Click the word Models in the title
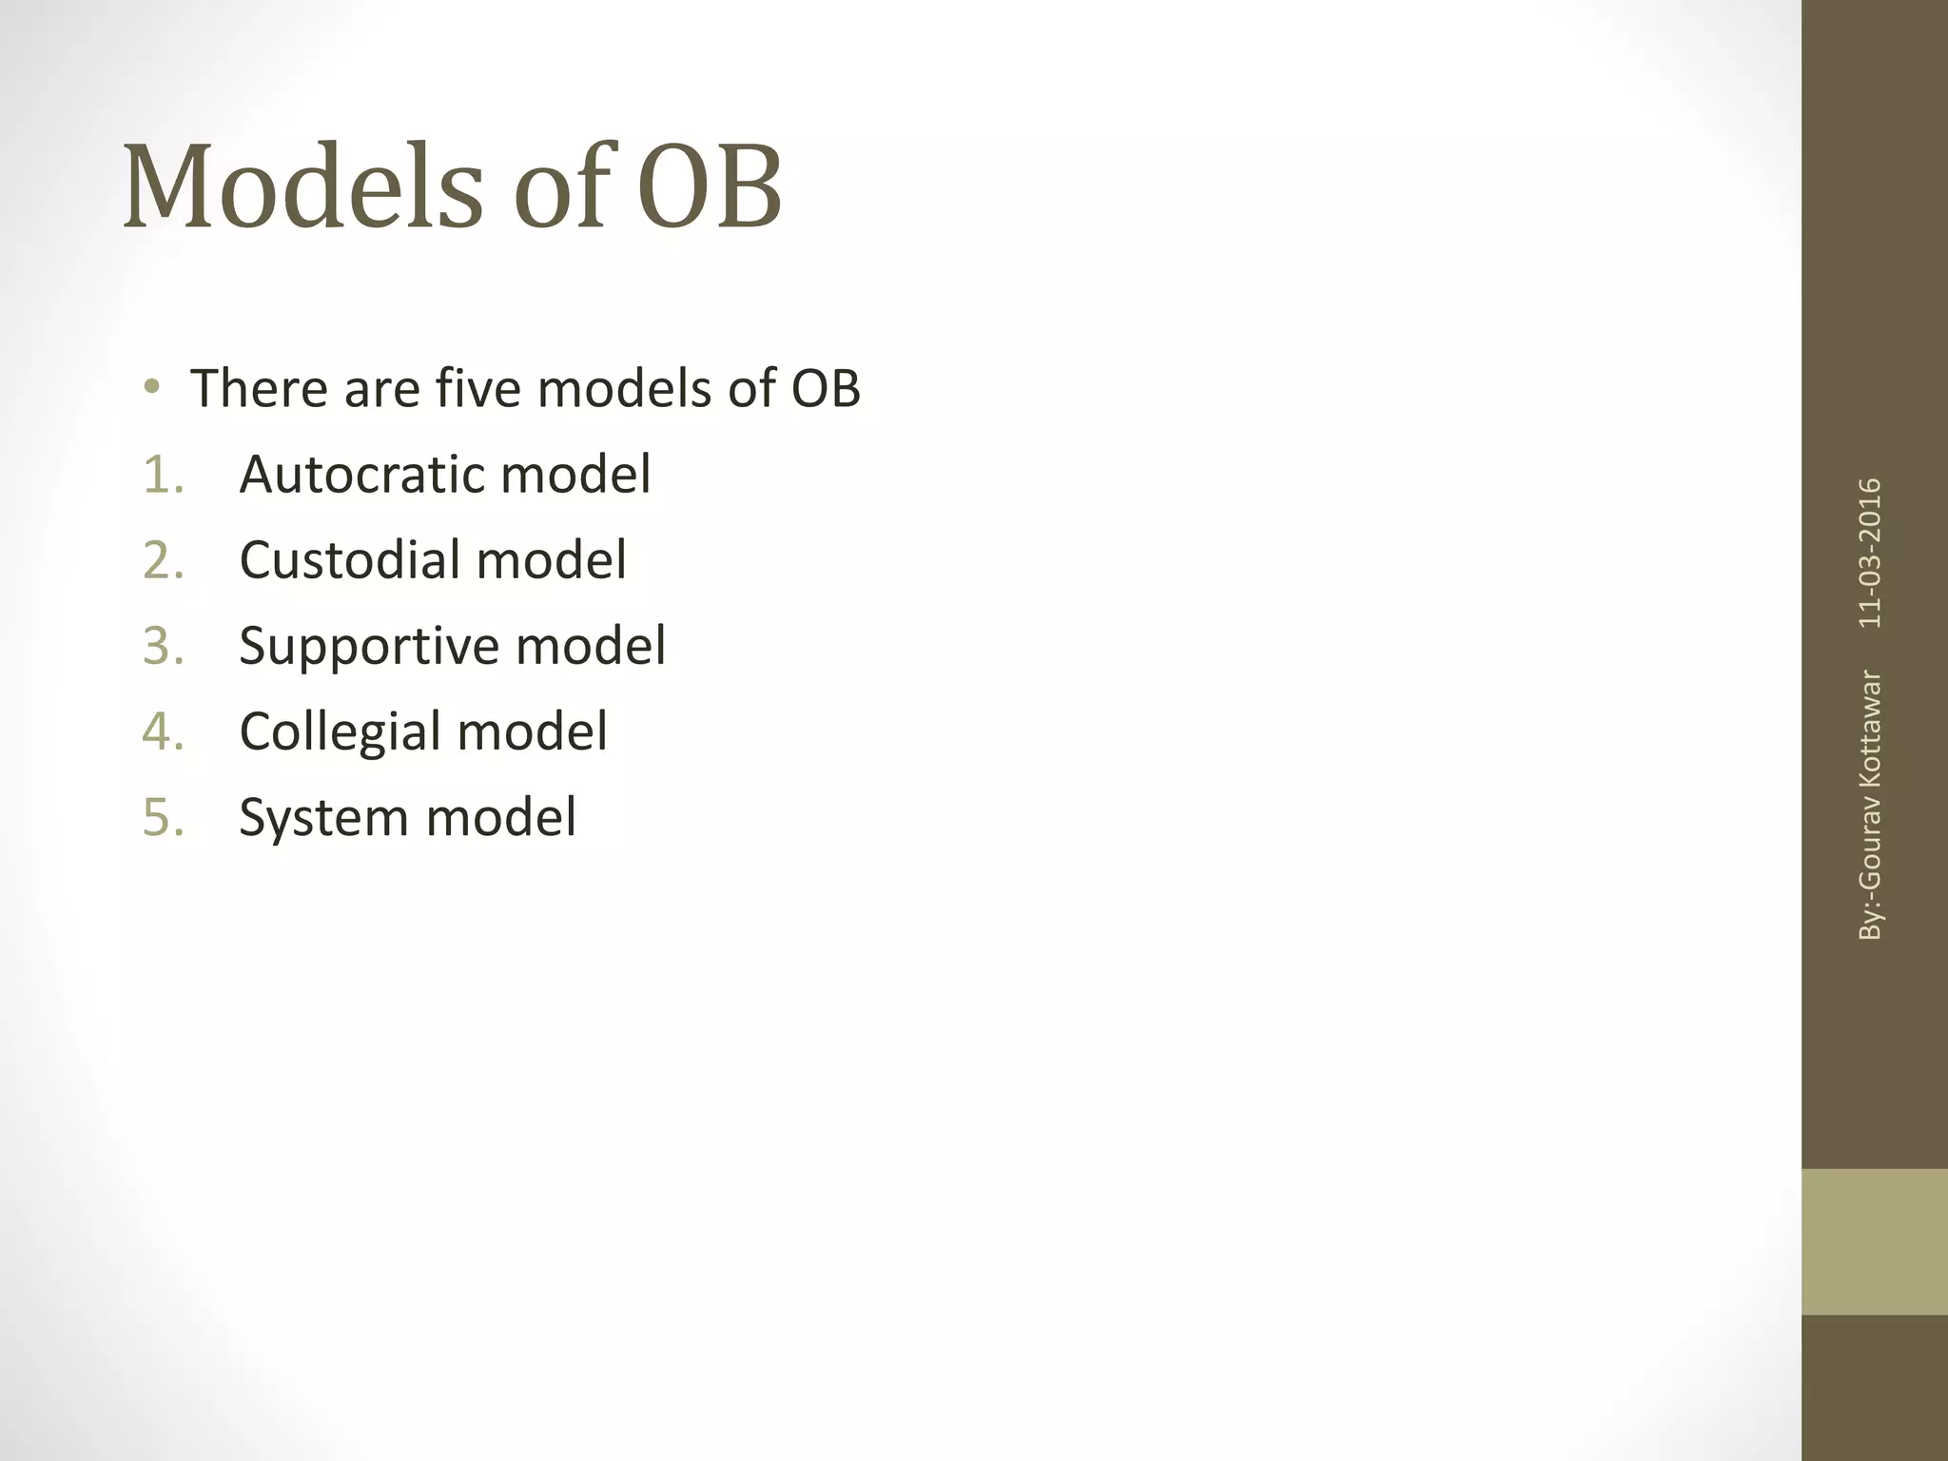pos(302,187)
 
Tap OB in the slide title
pos(709,187)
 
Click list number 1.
pos(163,475)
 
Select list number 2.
pos(163,560)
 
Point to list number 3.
pos(163,646)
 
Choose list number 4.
pos(163,731)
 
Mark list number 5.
pos(163,817)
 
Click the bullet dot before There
pos(151,388)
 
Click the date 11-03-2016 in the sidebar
pos(1870,553)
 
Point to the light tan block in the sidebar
pos(1874,1241)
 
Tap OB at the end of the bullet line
pos(825,388)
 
